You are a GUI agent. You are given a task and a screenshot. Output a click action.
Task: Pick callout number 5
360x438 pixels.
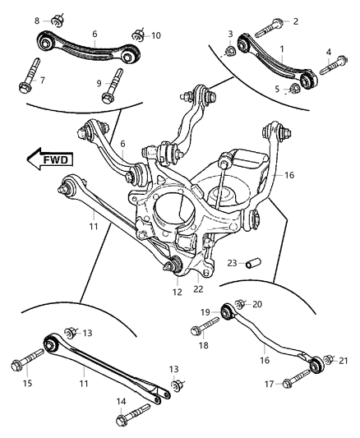(x=276, y=89)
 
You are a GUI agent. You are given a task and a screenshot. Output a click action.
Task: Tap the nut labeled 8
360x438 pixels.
(x=58, y=19)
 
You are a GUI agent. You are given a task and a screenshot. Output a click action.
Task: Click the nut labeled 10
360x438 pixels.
(x=139, y=35)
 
